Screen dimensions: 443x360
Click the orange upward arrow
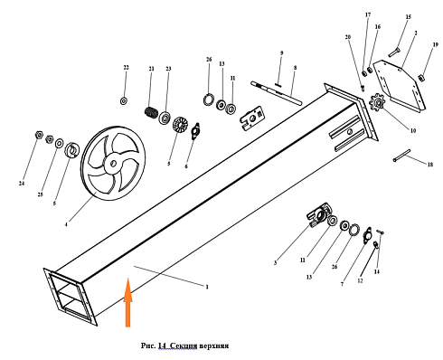tap(127, 302)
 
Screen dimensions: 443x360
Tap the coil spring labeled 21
tap(151, 112)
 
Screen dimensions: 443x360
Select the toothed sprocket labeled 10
tap(377, 103)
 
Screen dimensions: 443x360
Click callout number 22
tap(126, 68)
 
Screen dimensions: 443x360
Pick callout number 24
tap(22, 183)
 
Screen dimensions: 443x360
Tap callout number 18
tap(430, 165)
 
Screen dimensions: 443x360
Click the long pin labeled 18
tap(401, 156)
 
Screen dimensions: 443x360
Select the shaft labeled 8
tap(276, 92)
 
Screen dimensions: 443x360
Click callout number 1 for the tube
tap(207, 287)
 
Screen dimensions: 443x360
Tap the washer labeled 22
tap(124, 101)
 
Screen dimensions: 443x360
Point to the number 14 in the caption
tap(162, 346)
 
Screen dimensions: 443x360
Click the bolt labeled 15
tap(393, 52)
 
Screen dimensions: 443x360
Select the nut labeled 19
tap(421, 78)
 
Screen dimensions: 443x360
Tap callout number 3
tap(275, 263)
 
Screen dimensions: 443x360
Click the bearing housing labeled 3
tap(319, 214)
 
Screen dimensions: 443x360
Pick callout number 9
tap(281, 53)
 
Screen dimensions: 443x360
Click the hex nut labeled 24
tap(39, 135)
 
